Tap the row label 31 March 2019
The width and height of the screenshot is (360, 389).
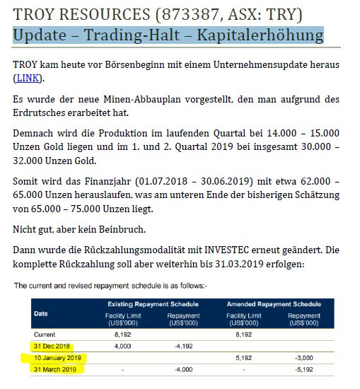pyautogui.click(x=55, y=370)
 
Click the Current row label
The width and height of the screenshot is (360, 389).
pyautogui.click(x=45, y=333)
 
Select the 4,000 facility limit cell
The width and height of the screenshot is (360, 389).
pyautogui.click(x=122, y=346)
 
